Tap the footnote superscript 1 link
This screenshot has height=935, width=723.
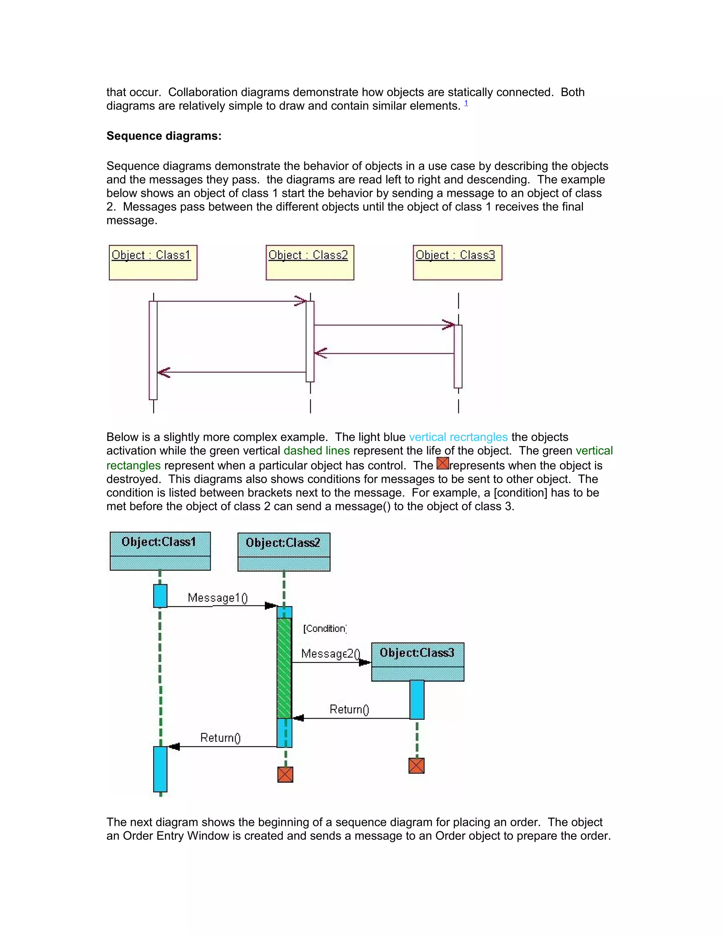pos(466,103)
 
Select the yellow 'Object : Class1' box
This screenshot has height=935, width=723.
pos(153,263)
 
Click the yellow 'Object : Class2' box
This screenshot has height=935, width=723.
pos(310,263)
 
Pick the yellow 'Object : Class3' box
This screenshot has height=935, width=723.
pos(457,263)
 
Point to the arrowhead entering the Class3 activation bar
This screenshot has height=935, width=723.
pos(448,325)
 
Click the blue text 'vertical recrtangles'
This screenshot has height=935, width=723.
pos(458,437)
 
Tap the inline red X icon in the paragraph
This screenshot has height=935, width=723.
pos(442,464)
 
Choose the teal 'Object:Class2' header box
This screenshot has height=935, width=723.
pos(283,551)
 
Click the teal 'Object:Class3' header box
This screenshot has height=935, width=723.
pos(417,662)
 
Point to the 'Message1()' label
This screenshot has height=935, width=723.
pos(217,598)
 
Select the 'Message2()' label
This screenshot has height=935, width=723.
pos(330,654)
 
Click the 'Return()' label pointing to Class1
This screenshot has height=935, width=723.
pos(220,738)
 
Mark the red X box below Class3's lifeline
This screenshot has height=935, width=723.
pos(416,766)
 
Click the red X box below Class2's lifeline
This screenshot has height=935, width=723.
pos(285,774)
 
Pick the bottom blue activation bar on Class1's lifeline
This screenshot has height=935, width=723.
pos(160,769)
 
